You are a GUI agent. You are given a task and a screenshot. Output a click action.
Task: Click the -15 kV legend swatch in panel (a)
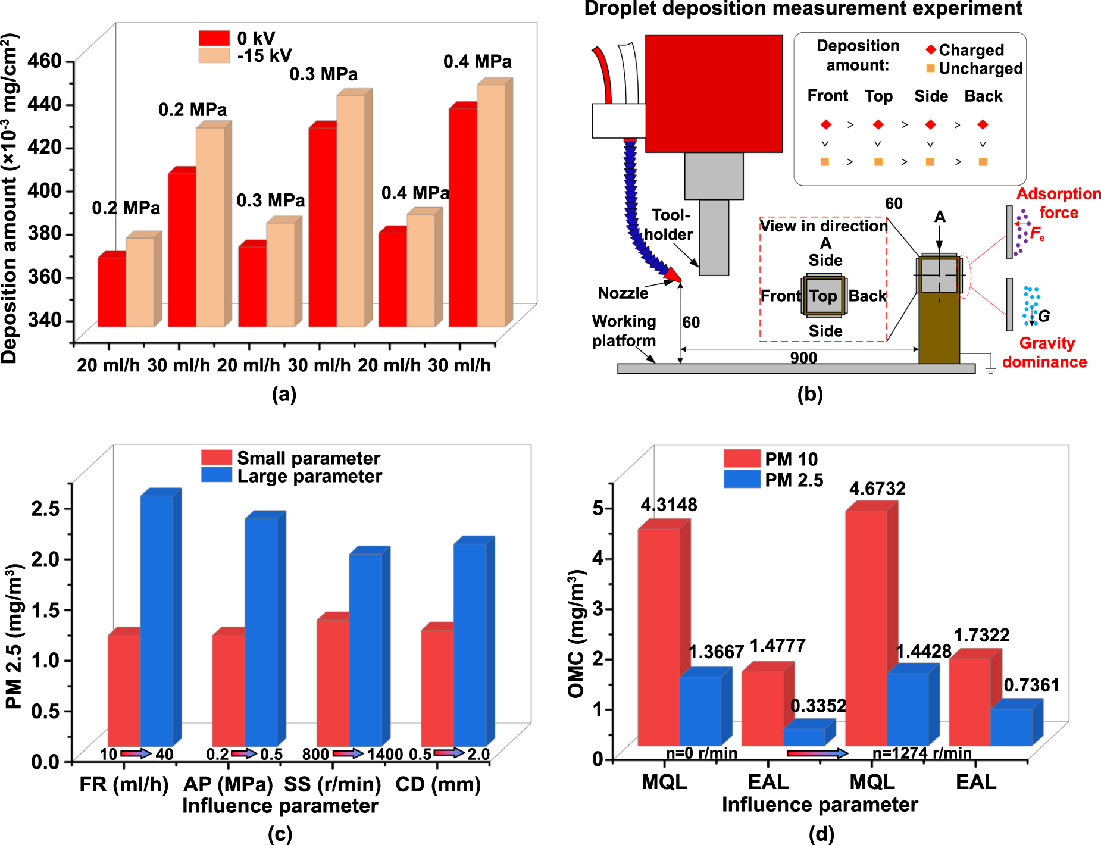tap(214, 55)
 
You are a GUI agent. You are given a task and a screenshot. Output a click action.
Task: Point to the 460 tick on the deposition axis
tap(45, 61)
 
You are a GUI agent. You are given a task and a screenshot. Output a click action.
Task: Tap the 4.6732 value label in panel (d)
tap(877, 489)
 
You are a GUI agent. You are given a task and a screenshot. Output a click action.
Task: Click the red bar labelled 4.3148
tap(659, 637)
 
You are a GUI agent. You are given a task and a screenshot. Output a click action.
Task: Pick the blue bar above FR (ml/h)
tap(157, 619)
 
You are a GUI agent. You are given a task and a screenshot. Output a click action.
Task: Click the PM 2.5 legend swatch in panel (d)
tap(742, 479)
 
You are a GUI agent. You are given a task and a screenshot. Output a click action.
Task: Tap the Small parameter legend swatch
tap(217, 458)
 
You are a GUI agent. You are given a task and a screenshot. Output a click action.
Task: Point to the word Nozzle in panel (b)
tap(623, 293)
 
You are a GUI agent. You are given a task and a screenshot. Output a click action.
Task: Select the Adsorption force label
tap(1058, 203)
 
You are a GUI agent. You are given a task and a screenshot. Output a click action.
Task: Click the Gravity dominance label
tap(1045, 352)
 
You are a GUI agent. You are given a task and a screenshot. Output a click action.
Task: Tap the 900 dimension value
tap(803, 357)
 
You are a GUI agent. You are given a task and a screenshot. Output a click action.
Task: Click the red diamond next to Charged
tap(931, 49)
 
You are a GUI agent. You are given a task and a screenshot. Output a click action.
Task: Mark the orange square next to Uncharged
tap(930, 68)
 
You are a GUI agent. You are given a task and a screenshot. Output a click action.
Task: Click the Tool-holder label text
tap(669, 224)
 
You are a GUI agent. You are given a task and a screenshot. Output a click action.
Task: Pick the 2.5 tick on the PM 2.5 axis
tap(45, 509)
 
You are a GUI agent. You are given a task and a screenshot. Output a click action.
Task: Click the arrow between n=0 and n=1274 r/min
tap(817, 753)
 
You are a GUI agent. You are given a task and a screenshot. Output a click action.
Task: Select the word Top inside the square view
tap(823, 296)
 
